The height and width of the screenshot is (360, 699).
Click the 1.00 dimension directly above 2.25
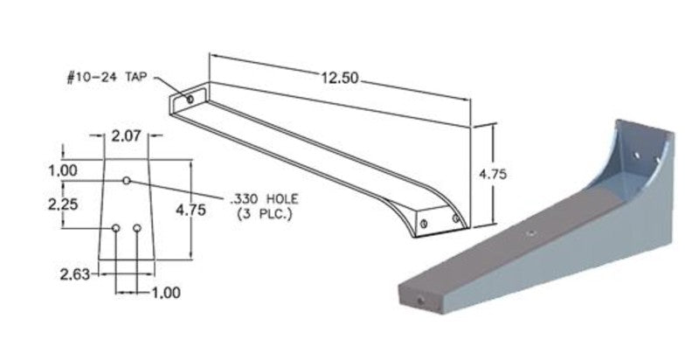point(64,170)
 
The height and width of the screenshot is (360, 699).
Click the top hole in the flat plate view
point(127,180)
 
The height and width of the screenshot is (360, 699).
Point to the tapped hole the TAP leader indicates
point(190,101)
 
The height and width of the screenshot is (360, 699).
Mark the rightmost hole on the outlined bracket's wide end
point(454,218)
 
